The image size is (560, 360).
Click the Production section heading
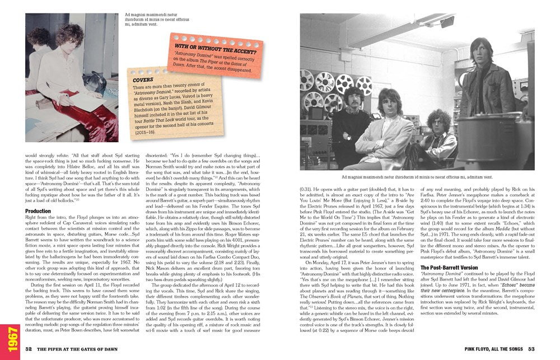point(38,211)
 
